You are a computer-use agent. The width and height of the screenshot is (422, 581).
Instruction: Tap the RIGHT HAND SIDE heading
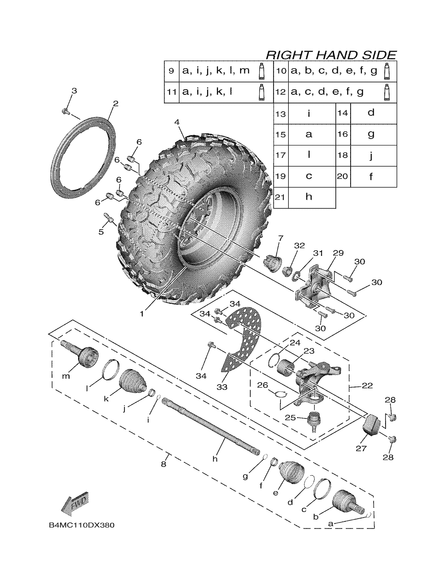click(x=331, y=55)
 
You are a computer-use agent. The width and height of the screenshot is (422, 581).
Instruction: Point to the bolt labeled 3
click(x=65, y=111)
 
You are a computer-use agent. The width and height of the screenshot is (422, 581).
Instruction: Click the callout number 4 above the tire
click(x=177, y=122)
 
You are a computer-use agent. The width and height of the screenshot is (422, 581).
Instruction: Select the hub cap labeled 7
click(x=272, y=262)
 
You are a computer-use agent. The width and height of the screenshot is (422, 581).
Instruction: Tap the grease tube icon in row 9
click(x=261, y=71)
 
